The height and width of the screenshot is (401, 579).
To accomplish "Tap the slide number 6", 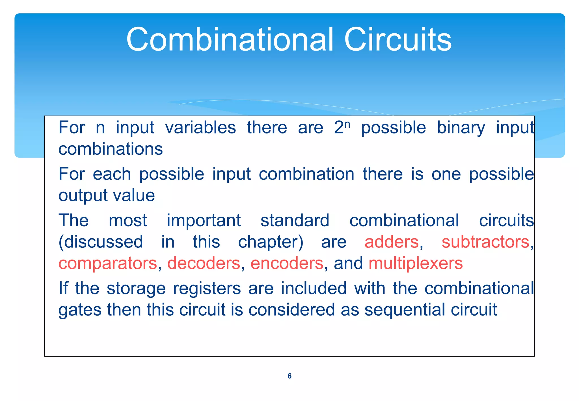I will tap(289, 376).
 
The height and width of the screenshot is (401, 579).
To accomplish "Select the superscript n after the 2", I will tap(347, 124).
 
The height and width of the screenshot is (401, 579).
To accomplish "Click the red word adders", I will tap(391, 242).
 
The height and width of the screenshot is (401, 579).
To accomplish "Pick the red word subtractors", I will tap(485, 242).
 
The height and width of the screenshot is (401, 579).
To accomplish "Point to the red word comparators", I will tap(107, 264).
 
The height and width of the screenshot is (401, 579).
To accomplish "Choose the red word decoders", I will tap(204, 264).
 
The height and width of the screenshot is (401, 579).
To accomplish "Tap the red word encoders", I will tap(287, 264).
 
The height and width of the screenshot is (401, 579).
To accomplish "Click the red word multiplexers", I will tap(416, 264).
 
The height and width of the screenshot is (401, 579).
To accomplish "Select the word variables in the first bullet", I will tap(200, 128).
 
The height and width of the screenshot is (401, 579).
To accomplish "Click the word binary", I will tap(461, 128).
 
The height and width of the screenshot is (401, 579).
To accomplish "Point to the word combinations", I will tap(111, 149).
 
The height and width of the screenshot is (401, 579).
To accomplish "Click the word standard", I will tap(295, 221).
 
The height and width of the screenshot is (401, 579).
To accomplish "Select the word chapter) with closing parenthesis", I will tap(271, 242).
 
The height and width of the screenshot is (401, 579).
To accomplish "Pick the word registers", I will tap(207, 288).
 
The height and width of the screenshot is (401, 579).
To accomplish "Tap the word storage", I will tap(136, 288).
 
